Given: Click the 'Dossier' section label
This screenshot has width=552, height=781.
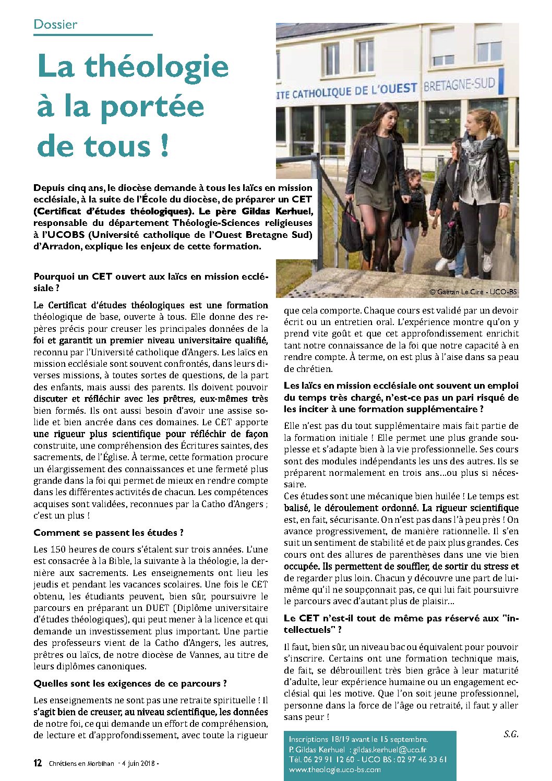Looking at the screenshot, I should pos(55,25).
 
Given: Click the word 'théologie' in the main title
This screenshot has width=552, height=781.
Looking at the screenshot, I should pos(157,67).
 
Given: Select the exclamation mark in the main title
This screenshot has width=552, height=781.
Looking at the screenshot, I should pos(165,146).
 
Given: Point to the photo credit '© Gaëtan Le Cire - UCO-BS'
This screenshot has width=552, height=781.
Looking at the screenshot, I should pos(473,292).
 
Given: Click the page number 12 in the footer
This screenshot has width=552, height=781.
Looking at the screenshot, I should pos(38,763).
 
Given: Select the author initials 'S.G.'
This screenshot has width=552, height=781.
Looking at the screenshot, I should pos(511,734).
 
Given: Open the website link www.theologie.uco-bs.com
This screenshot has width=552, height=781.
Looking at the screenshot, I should pos(334,770).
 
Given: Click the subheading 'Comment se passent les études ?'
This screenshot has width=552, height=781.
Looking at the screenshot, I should pos(109,533).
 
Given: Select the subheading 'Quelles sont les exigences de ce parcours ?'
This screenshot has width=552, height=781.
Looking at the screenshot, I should pos(130,683).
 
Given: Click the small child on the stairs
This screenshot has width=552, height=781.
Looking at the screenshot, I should pos(415,203).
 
